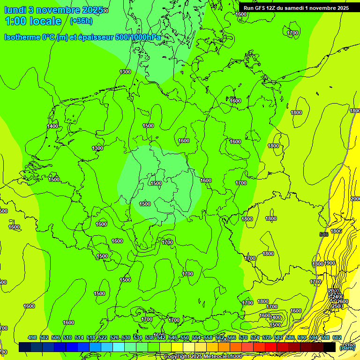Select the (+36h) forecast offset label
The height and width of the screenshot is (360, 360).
81,21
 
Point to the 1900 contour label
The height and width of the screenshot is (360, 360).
330,263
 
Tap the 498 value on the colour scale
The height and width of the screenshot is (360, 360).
32,337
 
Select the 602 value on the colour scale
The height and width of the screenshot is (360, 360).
337,337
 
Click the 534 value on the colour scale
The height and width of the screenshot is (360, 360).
138,337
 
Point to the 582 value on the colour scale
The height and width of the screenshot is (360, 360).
278,337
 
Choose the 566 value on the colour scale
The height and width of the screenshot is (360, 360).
232,337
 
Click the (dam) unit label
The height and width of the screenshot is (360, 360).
347,347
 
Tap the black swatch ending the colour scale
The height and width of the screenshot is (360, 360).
330,347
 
